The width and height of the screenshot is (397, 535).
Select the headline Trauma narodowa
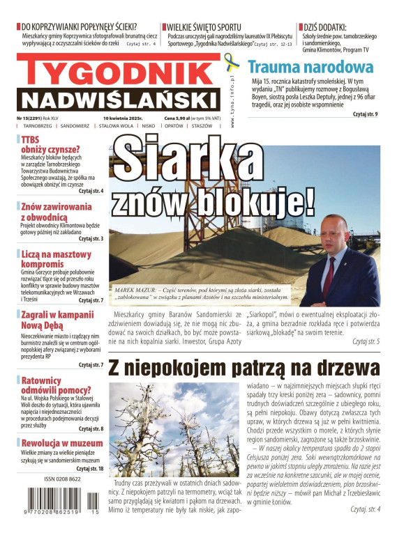pyautogui.click(x=310, y=68)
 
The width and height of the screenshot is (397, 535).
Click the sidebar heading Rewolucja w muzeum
pyautogui.click(x=62, y=443)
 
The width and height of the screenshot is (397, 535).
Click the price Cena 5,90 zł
pyautogui.click(x=179, y=118)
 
